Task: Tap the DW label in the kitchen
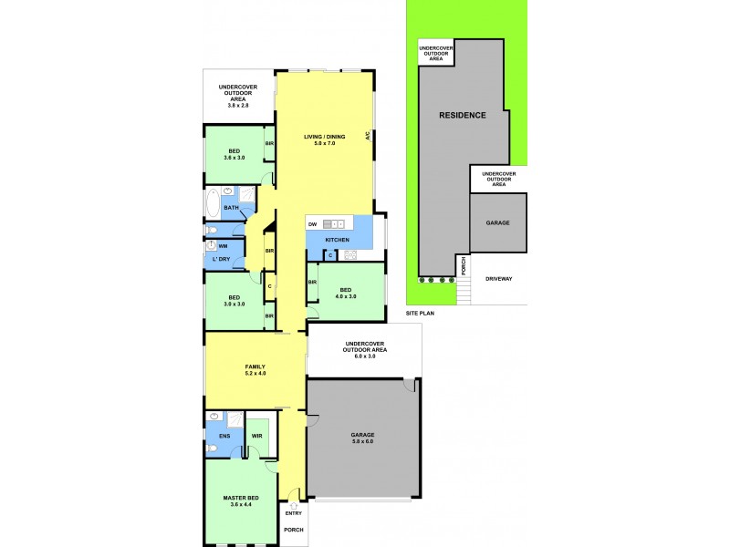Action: pos(312,223)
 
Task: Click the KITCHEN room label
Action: pos(338,240)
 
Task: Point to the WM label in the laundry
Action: pos(223,246)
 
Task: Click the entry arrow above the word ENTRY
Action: pos(293,503)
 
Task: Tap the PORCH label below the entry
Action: pos(293,530)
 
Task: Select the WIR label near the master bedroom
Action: pos(257,436)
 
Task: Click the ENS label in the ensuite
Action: pos(224,436)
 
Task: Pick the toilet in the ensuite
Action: pos(211,449)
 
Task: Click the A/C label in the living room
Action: pos(367,138)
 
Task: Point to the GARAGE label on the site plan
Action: pos(497,222)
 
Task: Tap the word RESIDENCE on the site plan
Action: pos(463,115)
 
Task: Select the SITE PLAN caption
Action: pos(421,313)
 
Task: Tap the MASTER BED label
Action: pos(241,498)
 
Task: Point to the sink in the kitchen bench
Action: pos(333,223)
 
